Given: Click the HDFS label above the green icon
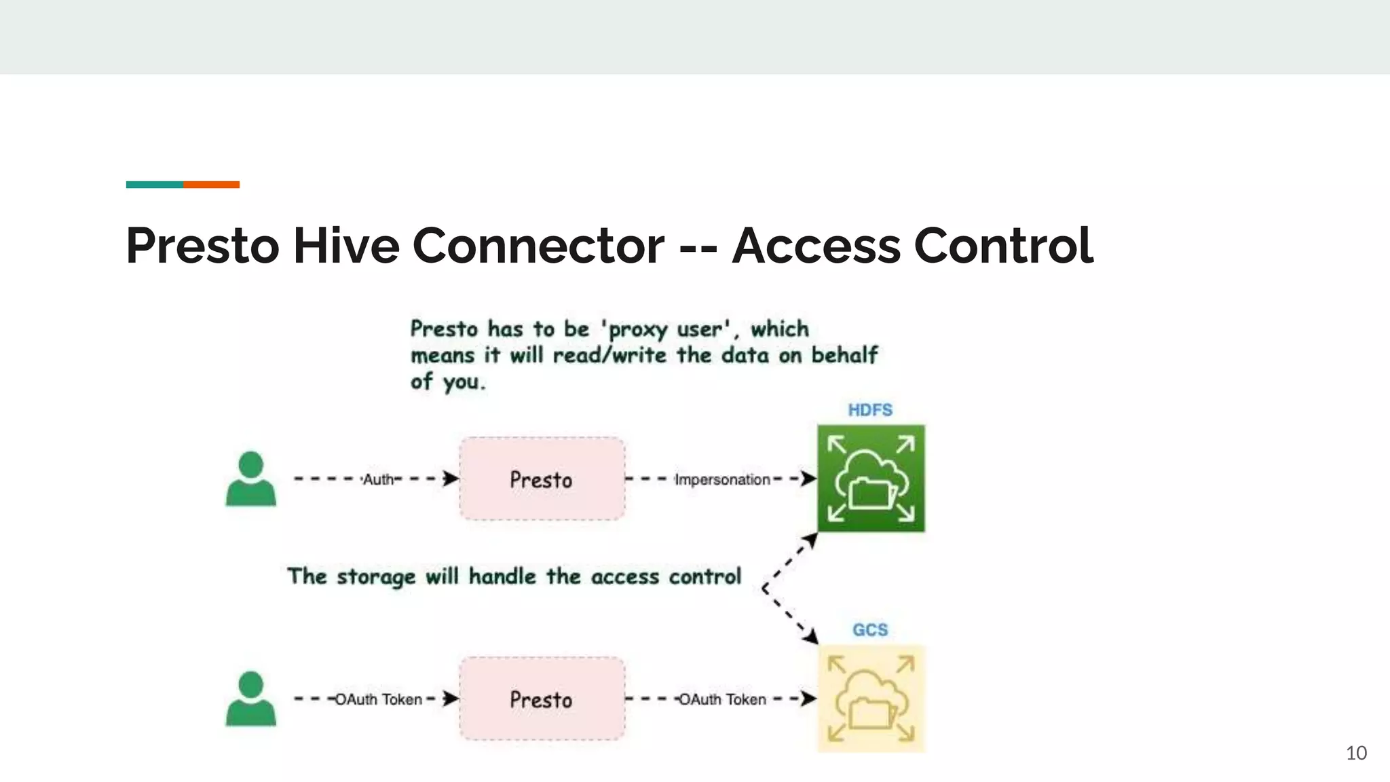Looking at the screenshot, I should pos(870,410).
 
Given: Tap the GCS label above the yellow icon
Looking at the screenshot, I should pos(870,630).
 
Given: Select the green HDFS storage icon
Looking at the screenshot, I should pos(871,479).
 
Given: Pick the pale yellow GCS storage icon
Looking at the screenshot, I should pos(871,699).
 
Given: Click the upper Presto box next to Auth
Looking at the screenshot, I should pos(542,479).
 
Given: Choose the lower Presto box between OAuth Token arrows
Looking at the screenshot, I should pos(542,699).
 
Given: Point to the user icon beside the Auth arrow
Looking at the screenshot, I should pos(250,479).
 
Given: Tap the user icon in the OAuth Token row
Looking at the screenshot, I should pos(250,699).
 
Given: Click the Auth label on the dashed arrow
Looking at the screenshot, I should pos(378,480).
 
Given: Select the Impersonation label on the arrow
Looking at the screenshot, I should pos(722,480).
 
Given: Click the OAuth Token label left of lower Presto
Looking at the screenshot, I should pos(379,700).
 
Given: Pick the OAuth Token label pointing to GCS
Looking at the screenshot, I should pos(722,700).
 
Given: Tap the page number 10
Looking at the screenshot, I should pos(1356,753).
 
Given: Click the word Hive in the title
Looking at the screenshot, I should pos(346,245).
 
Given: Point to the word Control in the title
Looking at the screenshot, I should pos(1003,245).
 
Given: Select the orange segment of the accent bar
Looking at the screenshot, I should pos(211,185).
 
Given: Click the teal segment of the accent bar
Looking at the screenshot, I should pos(154,185).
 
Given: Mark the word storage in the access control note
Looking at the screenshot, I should pos(376,577).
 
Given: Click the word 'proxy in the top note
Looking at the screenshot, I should pos(634,330).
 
